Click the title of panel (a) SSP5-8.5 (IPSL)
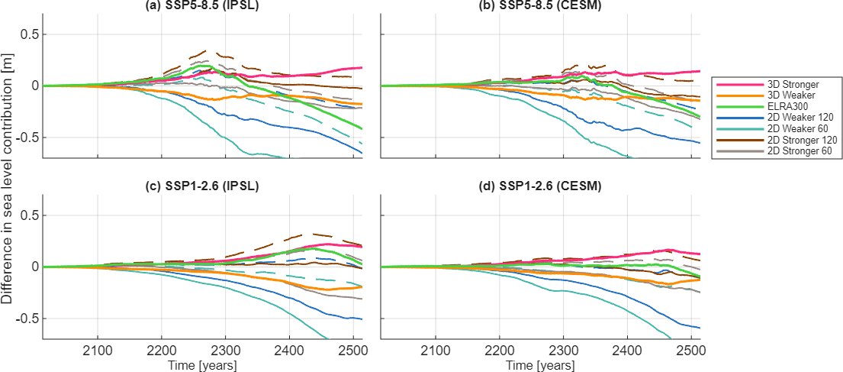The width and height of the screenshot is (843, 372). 203,6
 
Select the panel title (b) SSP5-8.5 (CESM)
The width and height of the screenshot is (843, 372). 540,6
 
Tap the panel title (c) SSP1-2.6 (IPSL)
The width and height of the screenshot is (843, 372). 203,186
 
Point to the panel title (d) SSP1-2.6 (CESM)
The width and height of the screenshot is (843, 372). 540,186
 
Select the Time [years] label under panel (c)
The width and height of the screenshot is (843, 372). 203,365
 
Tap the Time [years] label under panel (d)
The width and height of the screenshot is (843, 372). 540,365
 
